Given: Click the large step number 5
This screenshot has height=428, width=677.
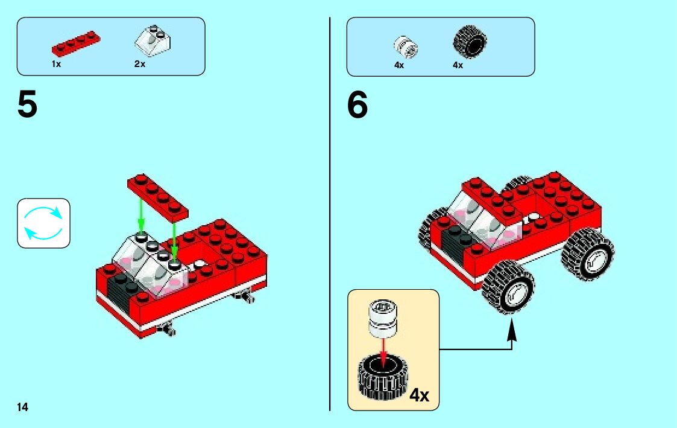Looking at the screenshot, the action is [28, 106].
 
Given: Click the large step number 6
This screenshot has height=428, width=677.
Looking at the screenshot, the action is [357, 106].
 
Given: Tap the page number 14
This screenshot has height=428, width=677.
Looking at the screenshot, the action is [22, 407].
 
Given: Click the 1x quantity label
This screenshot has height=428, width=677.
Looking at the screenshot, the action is [56, 64].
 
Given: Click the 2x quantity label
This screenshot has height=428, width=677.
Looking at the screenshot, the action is [140, 64].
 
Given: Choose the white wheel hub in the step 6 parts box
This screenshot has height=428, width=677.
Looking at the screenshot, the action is [406, 46].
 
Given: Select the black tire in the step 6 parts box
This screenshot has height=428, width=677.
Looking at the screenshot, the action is [469, 42].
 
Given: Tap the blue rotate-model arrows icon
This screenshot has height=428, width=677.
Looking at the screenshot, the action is [43, 223].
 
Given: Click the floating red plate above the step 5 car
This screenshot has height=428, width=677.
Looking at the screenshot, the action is [158, 196].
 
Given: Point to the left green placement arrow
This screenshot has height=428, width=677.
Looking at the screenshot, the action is [141, 214].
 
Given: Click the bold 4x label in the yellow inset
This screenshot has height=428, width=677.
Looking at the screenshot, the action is [419, 396].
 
